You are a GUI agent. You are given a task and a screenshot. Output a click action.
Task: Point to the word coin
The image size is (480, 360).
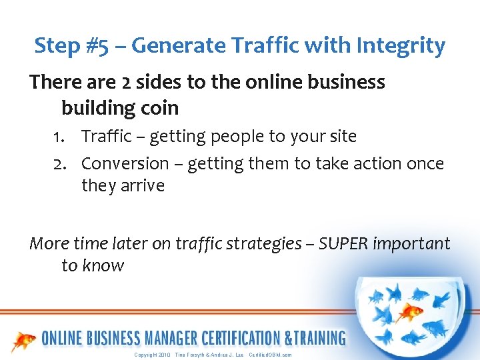point(159,107)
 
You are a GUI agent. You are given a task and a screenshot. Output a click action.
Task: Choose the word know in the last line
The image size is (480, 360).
point(103,266)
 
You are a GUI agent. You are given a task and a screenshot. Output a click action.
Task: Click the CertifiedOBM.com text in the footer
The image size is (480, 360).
point(270,355)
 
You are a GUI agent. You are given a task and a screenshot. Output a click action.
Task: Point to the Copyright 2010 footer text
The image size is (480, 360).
point(153,355)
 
